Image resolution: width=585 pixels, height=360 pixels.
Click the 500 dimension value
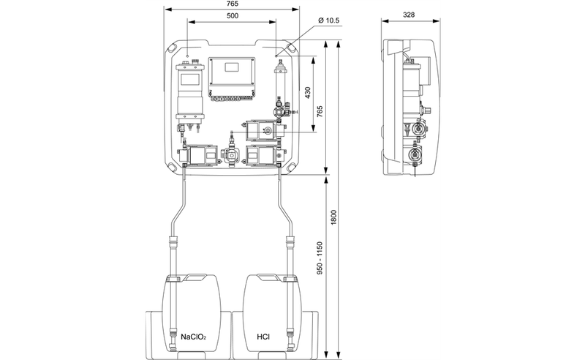point(232,15)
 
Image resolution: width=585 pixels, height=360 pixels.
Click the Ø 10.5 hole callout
point(328,20)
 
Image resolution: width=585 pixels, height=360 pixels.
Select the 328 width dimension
point(409,15)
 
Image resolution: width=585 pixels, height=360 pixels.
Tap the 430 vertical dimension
point(308,93)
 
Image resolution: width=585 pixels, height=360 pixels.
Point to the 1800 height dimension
point(334,217)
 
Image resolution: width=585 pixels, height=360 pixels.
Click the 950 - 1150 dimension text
point(320,258)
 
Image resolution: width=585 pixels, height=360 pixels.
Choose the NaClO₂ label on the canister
point(194,337)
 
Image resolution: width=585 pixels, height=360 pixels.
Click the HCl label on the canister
point(263,337)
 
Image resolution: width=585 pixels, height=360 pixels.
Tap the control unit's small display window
point(232,67)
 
